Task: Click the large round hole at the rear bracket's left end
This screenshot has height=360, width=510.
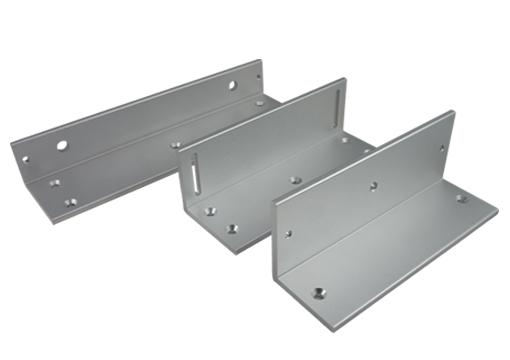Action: [62, 146]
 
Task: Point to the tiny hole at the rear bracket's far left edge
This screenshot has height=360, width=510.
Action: [26, 158]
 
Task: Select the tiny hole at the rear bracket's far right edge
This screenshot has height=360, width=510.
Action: [256, 76]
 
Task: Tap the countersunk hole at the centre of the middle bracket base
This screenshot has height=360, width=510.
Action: [295, 181]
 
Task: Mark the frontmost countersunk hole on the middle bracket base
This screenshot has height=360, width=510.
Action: [232, 228]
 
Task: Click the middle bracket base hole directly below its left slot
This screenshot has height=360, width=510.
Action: [210, 211]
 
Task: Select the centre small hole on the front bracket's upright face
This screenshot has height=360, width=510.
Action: [374, 185]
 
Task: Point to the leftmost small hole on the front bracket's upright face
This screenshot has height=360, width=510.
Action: [289, 234]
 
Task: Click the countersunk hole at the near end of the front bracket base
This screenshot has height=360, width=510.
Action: [318, 293]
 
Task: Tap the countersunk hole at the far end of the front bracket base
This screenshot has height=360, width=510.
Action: [462, 198]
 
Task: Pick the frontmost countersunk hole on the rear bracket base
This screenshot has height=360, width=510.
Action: [70, 202]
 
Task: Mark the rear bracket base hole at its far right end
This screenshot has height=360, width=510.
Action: [259, 102]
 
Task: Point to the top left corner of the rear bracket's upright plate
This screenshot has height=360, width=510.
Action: [11, 141]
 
